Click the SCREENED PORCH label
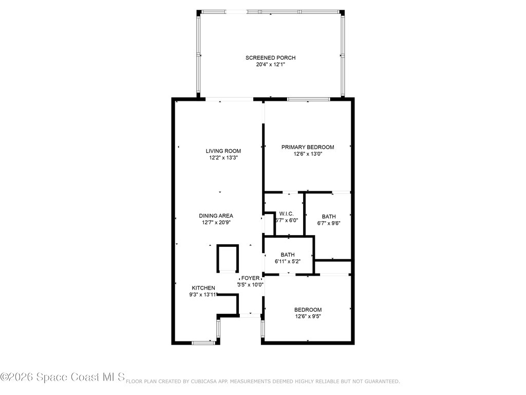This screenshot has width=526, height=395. pyautogui.click(x=270, y=58)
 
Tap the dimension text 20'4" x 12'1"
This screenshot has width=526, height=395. pyautogui.click(x=270, y=64)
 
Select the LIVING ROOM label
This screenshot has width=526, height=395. pyautogui.click(x=223, y=151)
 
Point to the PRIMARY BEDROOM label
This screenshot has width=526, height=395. pyautogui.click(x=308, y=147)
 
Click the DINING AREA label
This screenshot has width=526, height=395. pyautogui.click(x=216, y=216)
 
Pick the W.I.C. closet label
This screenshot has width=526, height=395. pyautogui.click(x=287, y=214)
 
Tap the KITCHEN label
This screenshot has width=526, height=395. pyautogui.click(x=203, y=288)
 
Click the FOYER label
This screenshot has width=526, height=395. pyautogui.click(x=250, y=278)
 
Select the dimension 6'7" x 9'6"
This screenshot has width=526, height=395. pyautogui.click(x=329, y=223)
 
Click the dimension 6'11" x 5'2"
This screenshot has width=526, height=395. pyautogui.click(x=288, y=261)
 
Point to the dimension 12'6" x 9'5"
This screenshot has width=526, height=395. pyautogui.click(x=308, y=316)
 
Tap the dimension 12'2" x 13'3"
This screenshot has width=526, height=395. pyautogui.click(x=223, y=157)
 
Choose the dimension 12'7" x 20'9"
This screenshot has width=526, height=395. pyautogui.click(x=216, y=222)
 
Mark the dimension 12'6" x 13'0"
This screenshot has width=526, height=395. pyautogui.click(x=308, y=154)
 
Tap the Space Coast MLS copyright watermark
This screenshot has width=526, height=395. pyautogui.click(x=62, y=377)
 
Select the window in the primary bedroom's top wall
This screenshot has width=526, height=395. pyautogui.click(x=309, y=99)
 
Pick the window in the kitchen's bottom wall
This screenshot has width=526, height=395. pyautogui.click(x=203, y=343)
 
